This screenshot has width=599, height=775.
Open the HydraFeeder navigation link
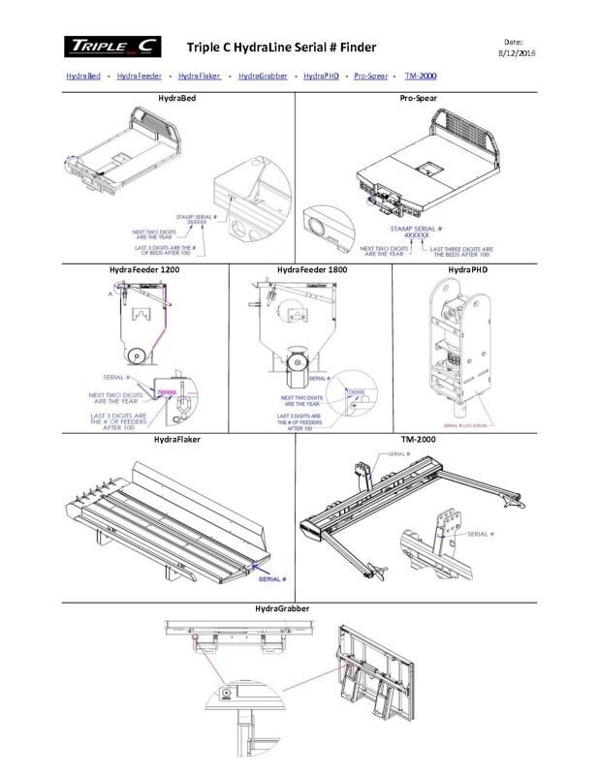(x=139, y=76)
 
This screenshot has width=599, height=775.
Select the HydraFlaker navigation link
(x=200, y=76)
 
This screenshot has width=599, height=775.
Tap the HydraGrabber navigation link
(x=262, y=76)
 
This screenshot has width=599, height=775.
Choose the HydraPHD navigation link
(x=323, y=76)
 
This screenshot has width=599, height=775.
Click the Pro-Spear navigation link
(x=370, y=76)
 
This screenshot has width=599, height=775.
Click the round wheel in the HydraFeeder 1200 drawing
(x=142, y=356)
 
